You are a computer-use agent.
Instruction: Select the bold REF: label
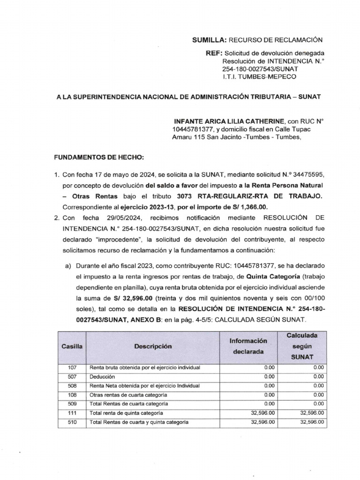[x=213, y=53]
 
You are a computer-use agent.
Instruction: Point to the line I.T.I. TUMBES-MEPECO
[x=259, y=76]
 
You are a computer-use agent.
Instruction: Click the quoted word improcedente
[x=115, y=239]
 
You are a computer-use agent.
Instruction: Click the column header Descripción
[x=153, y=346]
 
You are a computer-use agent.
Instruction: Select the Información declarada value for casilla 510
[x=262, y=422]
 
